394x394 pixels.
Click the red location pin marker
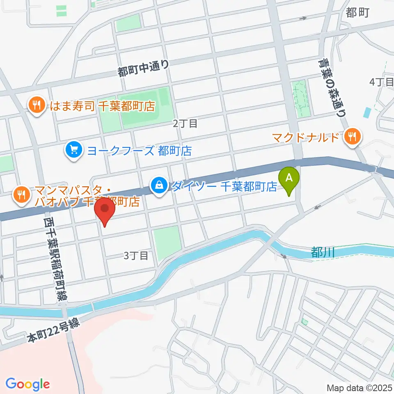pyautogui.click(x=105, y=210)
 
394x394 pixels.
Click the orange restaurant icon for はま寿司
pyautogui.click(x=37, y=106)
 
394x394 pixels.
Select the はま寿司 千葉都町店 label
pyautogui.click(x=102, y=107)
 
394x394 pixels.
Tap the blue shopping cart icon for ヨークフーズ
pyautogui.click(x=74, y=151)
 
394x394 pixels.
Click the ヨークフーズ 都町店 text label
pyautogui.click(x=139, y=151)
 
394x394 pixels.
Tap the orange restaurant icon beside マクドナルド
pyautogui.click(x=352, y=136)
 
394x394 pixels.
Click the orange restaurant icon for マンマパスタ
pyautogui.click(x=21, y=193)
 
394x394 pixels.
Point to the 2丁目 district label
pyautogui.click(x=186, y=123)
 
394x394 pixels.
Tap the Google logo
pyautogui.click(x=27, y=384)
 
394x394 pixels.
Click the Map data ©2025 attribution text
pyautogui.click(x=360, y=387)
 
